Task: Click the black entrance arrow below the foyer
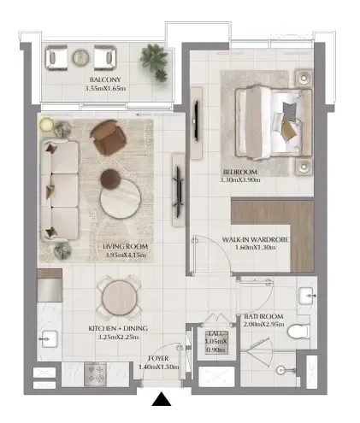pyautogui.click(x=162, y=399)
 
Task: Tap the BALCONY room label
pyautogui.click(x=105, y=79)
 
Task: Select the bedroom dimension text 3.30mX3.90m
pyautogui.click(x=240, y=180)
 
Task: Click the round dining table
pyautogui.click(x=119, y=297)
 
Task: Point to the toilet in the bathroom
pyautogui.click(x=298, y=332)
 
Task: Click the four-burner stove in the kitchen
pyautogui.click(x=96, y=374)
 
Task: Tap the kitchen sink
pyautogui.click(x=50, y=339)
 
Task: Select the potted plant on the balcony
pyautogui.click(x=154, y=62)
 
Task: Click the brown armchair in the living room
pyautogui.click(x=108, y=137)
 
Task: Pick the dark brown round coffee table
pyautogui.click(x=110, y=179)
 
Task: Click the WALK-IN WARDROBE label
pyautogui.click(x=255, y=239)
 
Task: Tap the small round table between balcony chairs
pyautogui.click(x=81, y=58)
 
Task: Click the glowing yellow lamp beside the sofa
pyautogui.click(x=46, y=125)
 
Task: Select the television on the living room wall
pyautogui.click(x=178, y=190)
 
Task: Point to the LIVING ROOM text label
pyautogui.click(x=126, y=246)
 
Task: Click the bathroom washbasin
pyautogui.click(x=306, y=296)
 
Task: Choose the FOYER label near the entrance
pyautogui.click(x=158, y=358)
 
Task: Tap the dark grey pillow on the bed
pyautogui.click(x=289, y=111)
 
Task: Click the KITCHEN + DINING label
pyautogui.click(x=118, y=328)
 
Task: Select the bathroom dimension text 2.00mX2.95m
pyautogui.click(x=264, y=324)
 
